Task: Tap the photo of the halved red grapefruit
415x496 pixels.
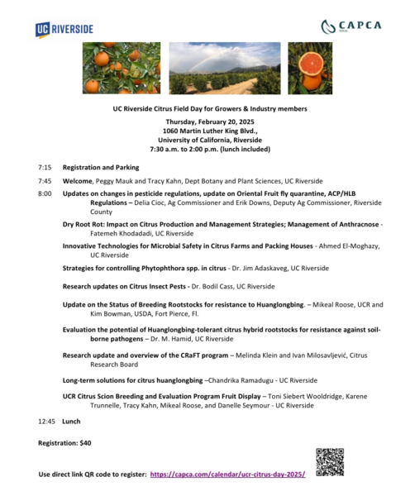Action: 310,68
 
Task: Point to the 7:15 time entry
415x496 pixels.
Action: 44,166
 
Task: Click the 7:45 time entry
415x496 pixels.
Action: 44,180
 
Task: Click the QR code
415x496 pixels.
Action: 329,461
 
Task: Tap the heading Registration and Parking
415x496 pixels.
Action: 101,166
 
